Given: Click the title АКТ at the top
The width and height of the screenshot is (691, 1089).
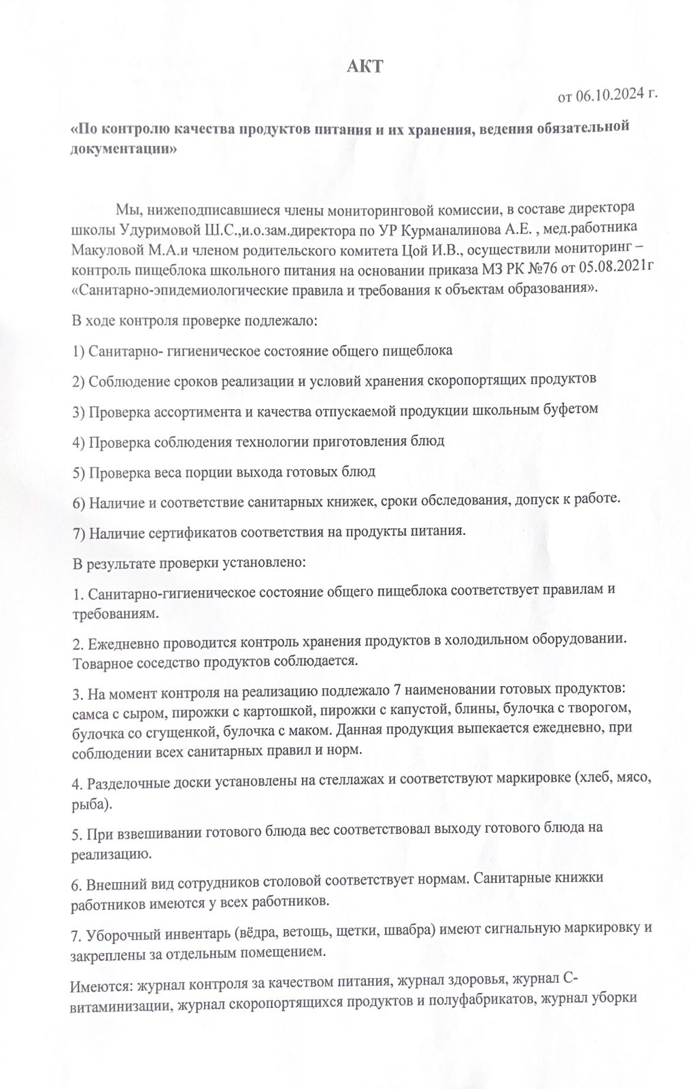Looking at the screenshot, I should click(x=365, y=66).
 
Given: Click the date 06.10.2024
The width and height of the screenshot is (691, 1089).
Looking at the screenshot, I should click(x=609, y=97).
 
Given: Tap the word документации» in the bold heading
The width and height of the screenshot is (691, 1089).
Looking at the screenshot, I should click(x=124, y=149).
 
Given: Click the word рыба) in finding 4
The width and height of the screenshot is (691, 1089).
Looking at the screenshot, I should click(x=90, y=804).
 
